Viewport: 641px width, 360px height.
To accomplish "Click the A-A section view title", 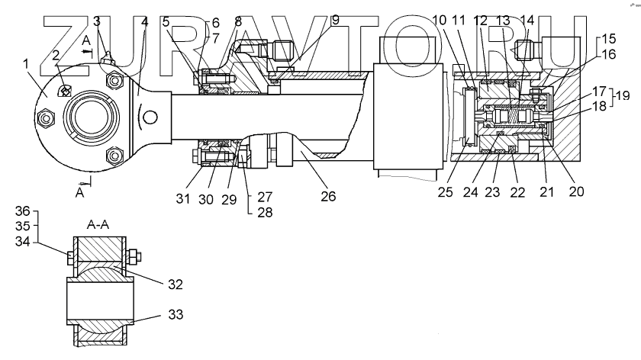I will click(98, 227).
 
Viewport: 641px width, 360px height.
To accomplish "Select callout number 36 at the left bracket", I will click(23, 211).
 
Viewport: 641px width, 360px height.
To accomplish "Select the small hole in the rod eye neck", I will click(152, 117).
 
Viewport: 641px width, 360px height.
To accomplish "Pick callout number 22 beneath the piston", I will click(517, 192).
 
